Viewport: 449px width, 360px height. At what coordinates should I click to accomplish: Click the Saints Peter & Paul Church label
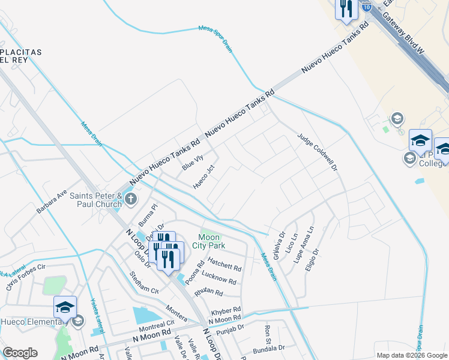point(96,200)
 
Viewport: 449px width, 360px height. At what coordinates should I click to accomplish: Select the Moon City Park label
point(208,241)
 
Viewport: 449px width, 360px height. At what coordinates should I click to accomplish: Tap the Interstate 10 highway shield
point(367,7)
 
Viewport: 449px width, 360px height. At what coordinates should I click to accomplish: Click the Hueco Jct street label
point(203,177)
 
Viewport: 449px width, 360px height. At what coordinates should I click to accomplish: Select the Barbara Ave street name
point(52,202)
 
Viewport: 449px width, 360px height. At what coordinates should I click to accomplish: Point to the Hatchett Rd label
point(224,264)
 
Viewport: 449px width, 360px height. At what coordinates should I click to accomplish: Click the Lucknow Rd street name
point(219,279)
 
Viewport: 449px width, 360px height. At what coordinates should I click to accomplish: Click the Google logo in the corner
point(20,352)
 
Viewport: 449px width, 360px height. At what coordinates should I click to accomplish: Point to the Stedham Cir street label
point(144,282)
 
